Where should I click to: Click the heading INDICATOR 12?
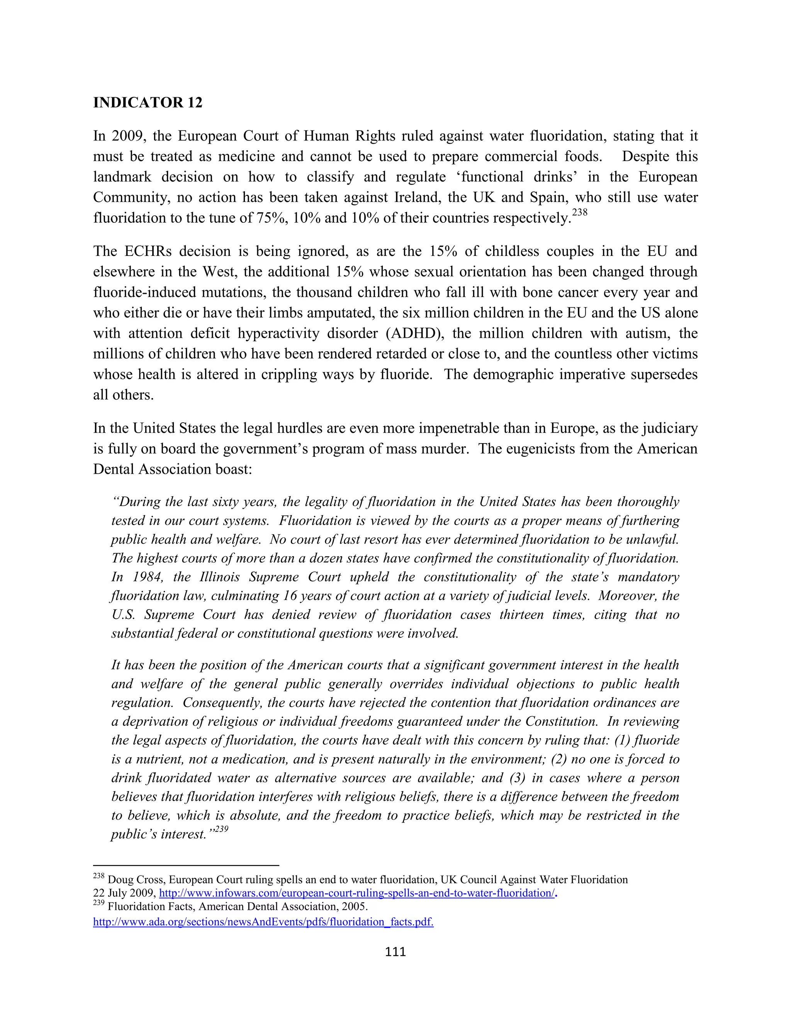point(148,103)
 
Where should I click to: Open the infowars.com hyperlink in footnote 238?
point(356,893)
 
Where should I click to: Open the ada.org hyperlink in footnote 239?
point(263,922)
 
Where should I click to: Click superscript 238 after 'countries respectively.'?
point(580,213)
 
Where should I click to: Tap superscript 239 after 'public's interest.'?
point(222,829)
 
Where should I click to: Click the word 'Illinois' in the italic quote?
point(220,577)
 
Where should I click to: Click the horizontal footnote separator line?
point(186,865)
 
